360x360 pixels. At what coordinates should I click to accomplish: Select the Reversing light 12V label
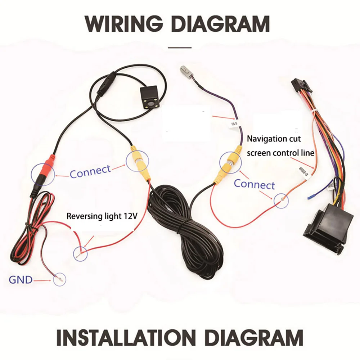pos(102,216)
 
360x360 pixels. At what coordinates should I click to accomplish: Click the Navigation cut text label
pos(274,139)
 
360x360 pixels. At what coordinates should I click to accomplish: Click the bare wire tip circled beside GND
pos(60,279)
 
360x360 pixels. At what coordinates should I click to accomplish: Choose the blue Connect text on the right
pos(254,184)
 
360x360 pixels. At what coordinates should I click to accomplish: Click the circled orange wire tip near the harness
pos(281,201)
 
